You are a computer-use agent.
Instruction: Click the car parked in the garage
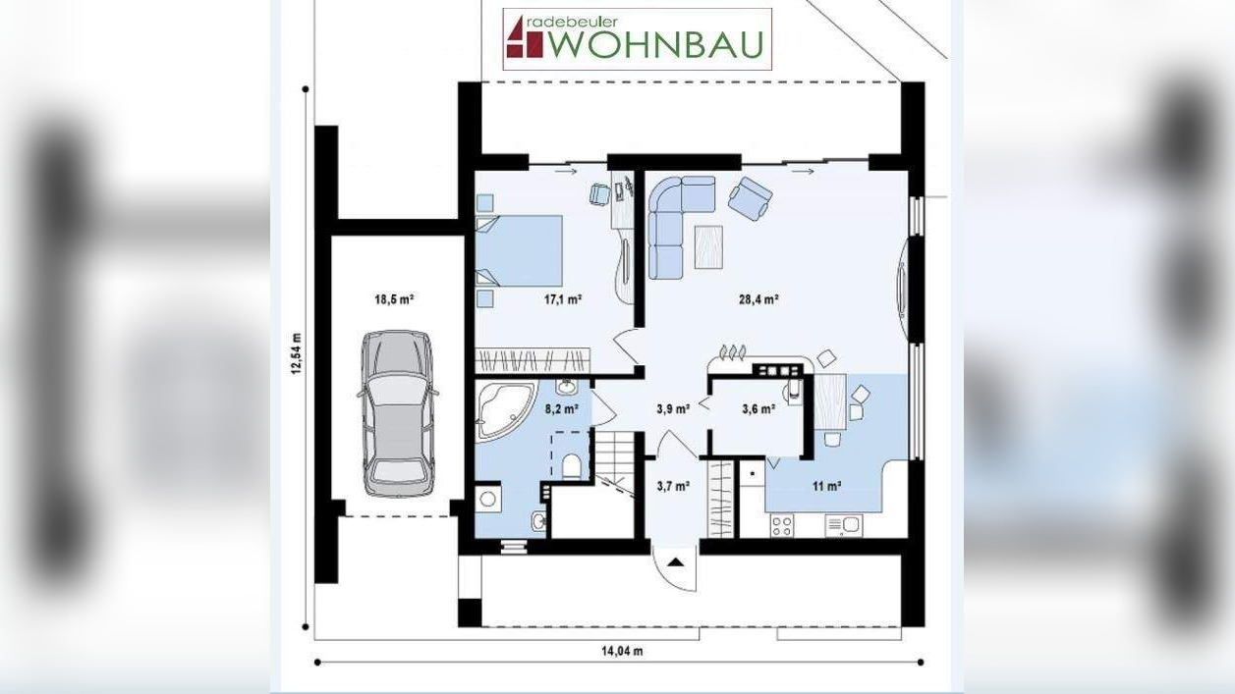(398, 413)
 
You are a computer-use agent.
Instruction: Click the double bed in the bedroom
(518, 251)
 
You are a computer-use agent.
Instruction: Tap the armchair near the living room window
(751, 195)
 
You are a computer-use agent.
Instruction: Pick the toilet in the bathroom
(572, 464)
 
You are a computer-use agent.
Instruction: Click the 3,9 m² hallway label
(673, 407)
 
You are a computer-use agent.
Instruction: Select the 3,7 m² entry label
(673, 485)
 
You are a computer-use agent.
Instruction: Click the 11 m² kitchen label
(826, 485)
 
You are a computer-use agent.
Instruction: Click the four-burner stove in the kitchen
(782, 525)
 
